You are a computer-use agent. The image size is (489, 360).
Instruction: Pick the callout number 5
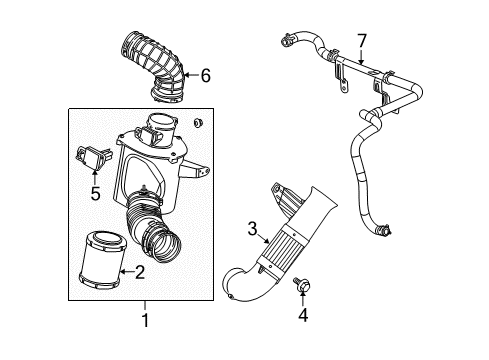(94, 192)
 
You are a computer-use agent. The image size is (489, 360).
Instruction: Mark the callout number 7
(362, 40)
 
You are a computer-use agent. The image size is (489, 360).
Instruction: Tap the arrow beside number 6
(190, 73)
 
